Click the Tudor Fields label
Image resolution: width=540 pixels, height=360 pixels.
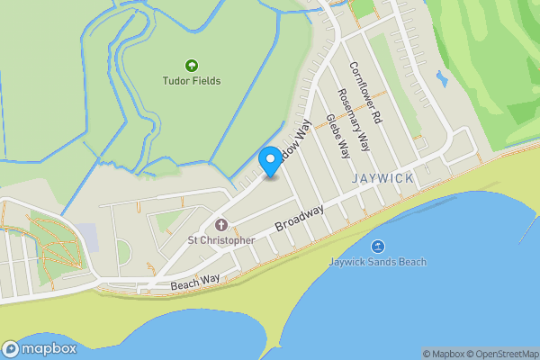(x=191, y=81)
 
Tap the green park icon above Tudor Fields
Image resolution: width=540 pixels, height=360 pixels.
(x=191, y=65)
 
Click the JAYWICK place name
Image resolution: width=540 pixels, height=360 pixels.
(x=383, y=178)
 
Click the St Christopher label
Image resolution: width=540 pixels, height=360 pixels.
(x=220, y=240)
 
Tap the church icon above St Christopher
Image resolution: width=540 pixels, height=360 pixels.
(x=220, y=224)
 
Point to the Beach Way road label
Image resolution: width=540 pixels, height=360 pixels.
(x=194, y=283)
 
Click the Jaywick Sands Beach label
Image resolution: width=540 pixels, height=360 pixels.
(x=377, y=262)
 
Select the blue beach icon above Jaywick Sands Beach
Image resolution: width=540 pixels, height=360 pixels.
(x=377, y=246)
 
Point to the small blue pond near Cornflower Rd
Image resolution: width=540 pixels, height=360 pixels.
(x=441, y=78)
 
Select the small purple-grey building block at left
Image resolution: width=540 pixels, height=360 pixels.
(x=85, y=237)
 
